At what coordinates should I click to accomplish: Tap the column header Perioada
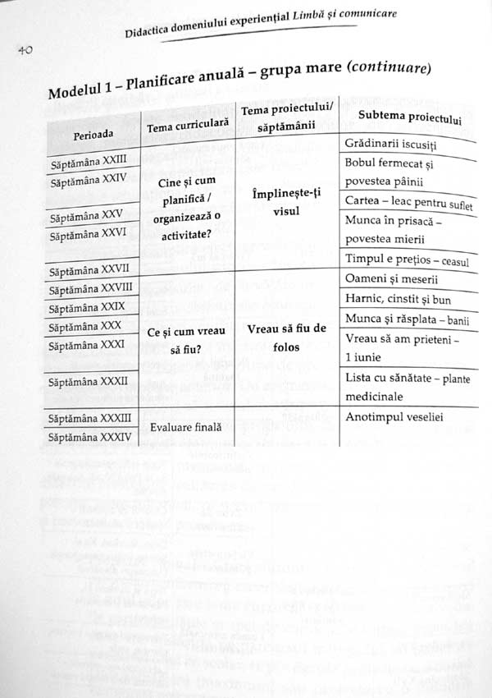93,133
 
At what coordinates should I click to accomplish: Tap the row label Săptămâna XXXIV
90,438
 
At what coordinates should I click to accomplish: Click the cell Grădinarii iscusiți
390,145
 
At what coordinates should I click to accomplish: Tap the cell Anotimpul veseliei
394,417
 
